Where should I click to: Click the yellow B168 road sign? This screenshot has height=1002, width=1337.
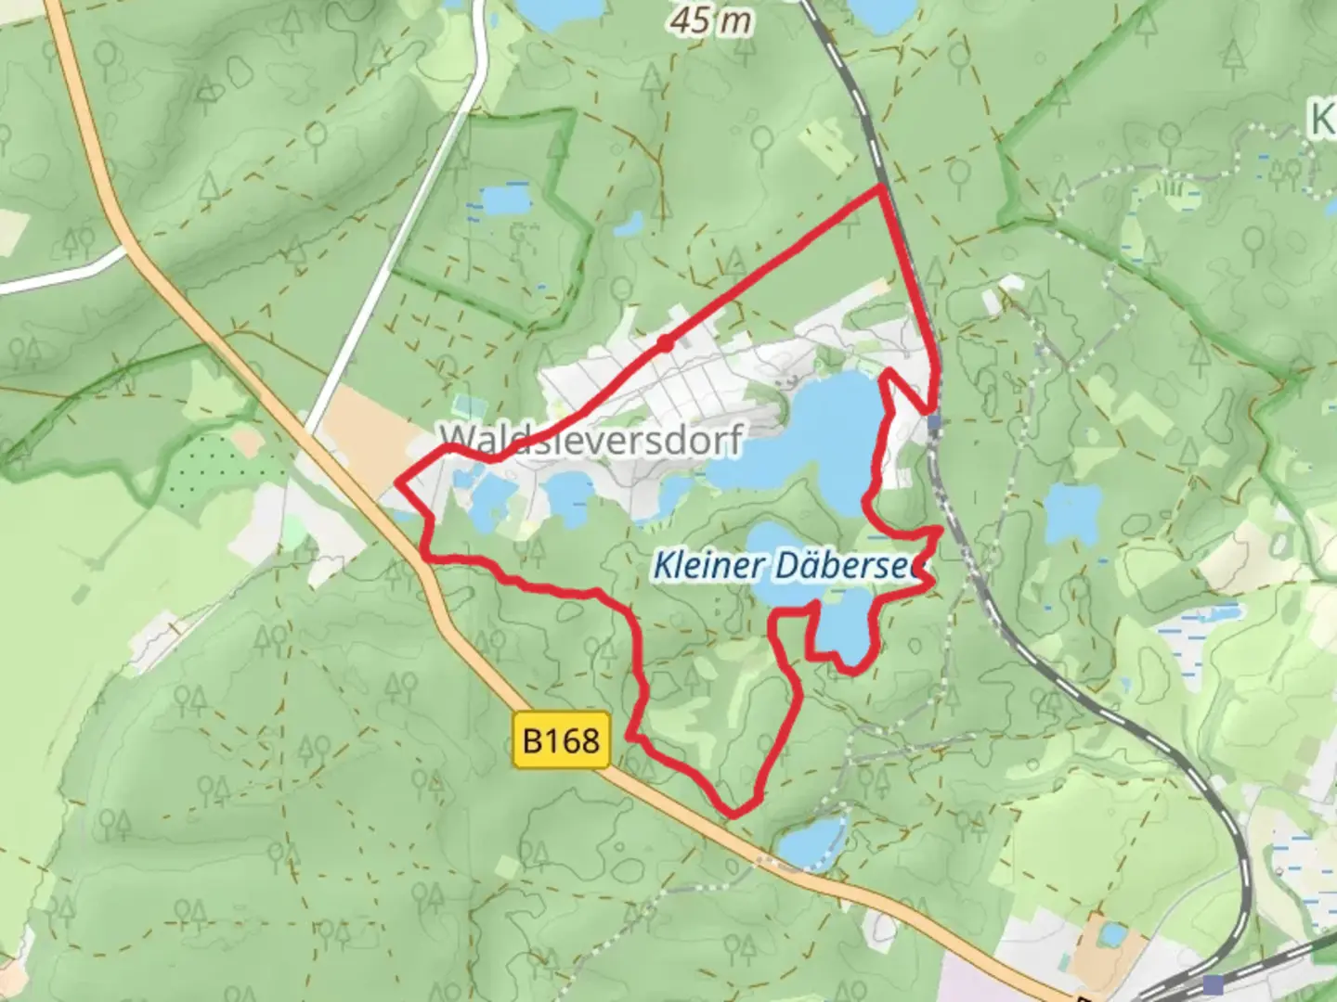click(x=561, y=740)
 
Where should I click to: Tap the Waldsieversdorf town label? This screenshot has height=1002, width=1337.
click(x=591, y=439)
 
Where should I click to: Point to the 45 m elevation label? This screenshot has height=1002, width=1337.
click(x=712, y=19)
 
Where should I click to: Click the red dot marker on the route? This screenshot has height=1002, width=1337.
click(x=665, y=344)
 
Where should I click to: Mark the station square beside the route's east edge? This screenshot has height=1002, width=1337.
click(x=934, y=423)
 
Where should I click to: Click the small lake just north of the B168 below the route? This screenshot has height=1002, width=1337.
click(x=811, y=842)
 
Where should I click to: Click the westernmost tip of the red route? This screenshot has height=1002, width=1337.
click(x=399, y=481)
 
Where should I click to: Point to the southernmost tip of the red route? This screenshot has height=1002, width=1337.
click(x=733, y=816)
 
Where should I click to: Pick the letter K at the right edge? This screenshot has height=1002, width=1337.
click(x=1323, y=119)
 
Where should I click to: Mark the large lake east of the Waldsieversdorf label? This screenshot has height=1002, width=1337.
click(x=817, y=436)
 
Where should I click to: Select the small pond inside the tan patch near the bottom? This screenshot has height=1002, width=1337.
click(x=1108, y=935)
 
